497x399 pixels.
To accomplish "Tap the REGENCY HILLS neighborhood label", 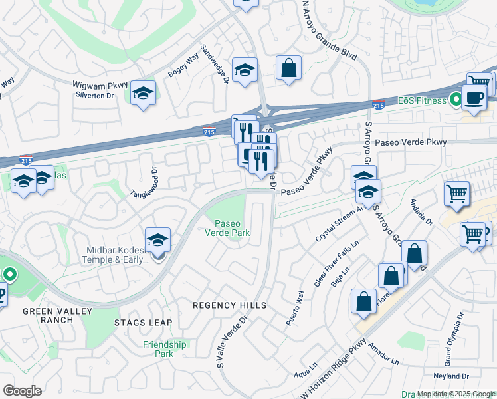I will [229, 305].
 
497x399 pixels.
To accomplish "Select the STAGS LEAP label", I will [143, 323].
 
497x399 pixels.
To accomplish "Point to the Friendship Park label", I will [164, 349].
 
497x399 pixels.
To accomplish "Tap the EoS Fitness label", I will [433, 100].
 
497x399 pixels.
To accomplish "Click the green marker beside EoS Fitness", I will [456, 100].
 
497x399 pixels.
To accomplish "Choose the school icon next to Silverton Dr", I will [142, 94].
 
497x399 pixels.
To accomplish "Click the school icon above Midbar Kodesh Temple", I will [158, 240].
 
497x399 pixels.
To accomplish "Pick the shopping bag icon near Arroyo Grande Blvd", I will [289, 68].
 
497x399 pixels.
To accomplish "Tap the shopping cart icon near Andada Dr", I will [456, 194].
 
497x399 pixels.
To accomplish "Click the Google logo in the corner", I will [22, 390].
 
